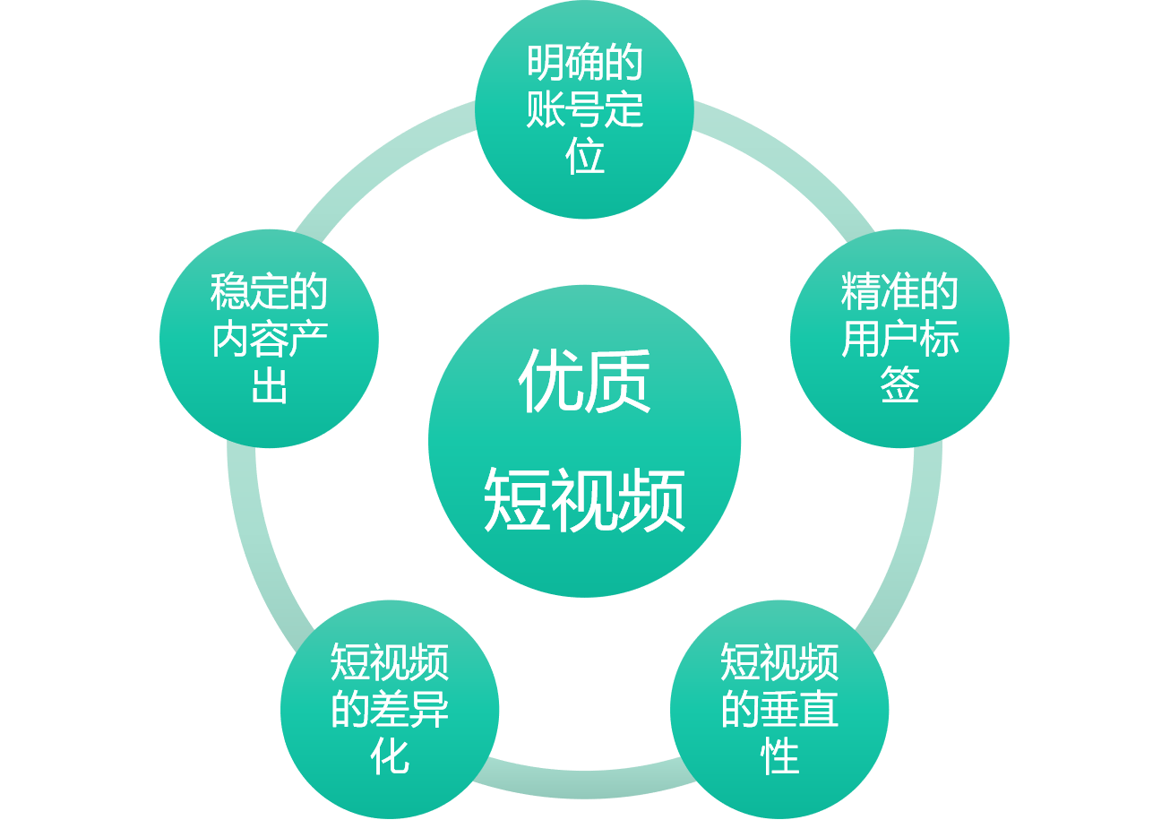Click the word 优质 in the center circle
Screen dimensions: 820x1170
584,382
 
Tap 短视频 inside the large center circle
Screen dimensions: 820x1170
584,501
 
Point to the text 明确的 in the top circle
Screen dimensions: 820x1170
584,65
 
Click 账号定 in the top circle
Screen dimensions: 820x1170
584,110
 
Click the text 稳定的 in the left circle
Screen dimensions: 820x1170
269,293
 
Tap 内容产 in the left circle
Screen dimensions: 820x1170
269,340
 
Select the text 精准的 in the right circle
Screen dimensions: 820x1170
899,293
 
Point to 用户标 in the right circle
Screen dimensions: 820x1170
899,340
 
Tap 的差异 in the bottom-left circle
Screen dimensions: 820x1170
390,710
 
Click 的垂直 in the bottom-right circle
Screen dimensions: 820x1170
779,710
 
